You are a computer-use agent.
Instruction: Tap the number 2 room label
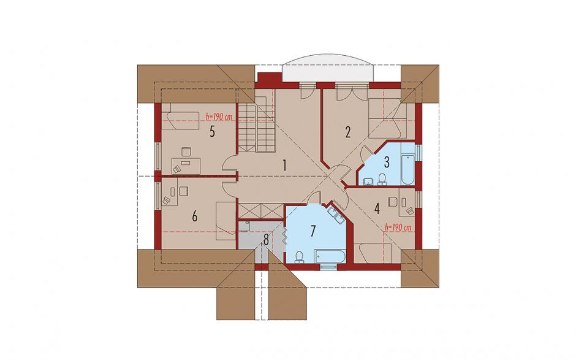click(348, 132)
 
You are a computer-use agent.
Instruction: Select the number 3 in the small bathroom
click(387, 162)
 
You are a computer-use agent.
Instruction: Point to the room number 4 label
click(376, 209)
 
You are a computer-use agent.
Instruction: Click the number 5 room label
click(212, 131)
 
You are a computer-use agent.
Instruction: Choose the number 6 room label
click(195, 216)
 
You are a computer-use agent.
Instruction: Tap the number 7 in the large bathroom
click(313, 231)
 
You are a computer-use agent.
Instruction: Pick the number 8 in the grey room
click(267, 239)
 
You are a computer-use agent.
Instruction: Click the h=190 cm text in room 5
click(219, 117)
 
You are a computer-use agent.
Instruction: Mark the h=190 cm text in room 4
click(398, 228)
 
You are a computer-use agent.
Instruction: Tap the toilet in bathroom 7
click(300, 257)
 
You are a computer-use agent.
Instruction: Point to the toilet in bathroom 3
click(382, 179)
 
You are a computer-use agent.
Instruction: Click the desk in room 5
click(186, 166)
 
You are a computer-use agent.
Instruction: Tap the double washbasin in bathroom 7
click(335, 213)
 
